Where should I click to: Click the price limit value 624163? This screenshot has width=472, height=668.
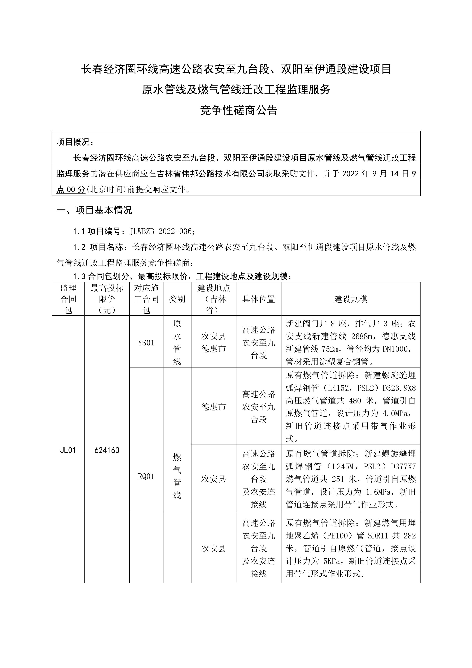click(107, 450)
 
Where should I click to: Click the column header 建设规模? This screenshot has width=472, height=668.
click(351, 299)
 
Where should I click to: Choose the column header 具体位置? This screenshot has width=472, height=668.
click(258, 299)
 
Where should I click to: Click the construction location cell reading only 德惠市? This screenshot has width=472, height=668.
click(214, 407)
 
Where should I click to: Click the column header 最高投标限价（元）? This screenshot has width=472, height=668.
click(107, 299)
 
